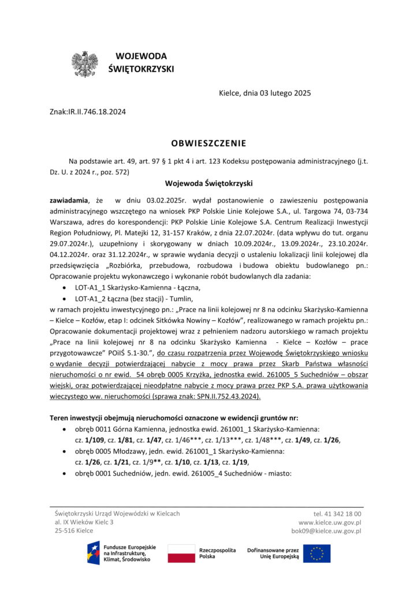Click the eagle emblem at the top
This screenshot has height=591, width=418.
click(84, 64)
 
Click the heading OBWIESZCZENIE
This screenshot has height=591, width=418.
click(208, 143)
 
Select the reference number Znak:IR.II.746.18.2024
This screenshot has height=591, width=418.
click(88, 112)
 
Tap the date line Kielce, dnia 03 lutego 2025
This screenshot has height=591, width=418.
click(265, 93)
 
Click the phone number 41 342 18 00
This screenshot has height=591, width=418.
click(337, 513)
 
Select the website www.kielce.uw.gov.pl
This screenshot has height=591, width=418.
click(330, 522)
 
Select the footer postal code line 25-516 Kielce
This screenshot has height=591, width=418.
click(74, 530)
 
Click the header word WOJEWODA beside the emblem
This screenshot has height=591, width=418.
click(141, 57)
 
